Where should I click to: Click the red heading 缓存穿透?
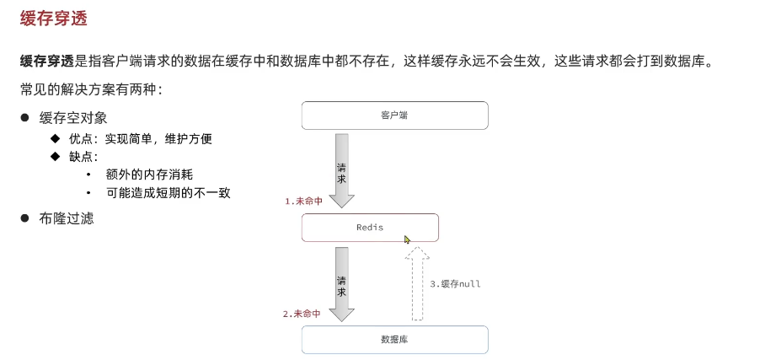[54, 18]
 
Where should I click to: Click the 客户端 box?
[394, 116]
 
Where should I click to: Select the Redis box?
[371, 228]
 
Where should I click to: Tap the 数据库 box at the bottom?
[394, 339]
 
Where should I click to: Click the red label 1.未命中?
[303, 201]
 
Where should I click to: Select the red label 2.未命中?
[302, 314]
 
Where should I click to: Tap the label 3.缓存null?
[455, 284]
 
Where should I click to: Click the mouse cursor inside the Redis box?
[408, 239]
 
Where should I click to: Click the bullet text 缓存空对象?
[73, 118]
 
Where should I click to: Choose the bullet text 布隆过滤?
[67, 218]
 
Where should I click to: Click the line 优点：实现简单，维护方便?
[140, 138]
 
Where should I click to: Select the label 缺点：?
[83, 157]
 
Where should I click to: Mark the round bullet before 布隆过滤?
[25, 218]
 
